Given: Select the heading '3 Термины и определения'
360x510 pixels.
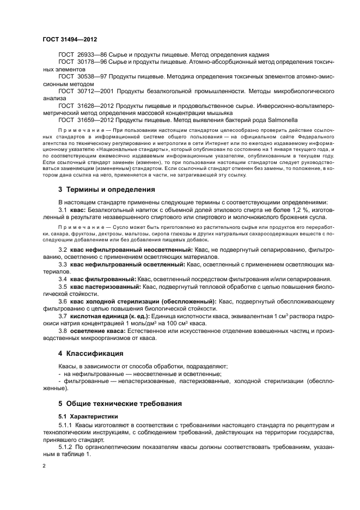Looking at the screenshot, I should [107, 189].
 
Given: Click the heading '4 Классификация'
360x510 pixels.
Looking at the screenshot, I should [90, 353].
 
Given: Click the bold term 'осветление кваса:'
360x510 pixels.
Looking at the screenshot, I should [97, 331].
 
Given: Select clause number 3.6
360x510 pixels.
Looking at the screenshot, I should [62, 301].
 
